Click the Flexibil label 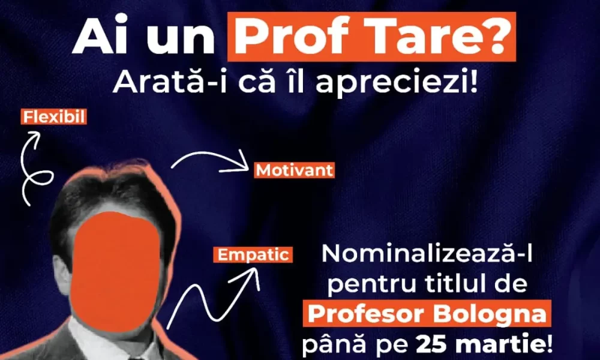[53, 116]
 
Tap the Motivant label [294, 170]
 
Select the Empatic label [253, 255]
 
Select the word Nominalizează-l [427, 253]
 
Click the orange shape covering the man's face [116, 272]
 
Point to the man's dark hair [111, 199]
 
